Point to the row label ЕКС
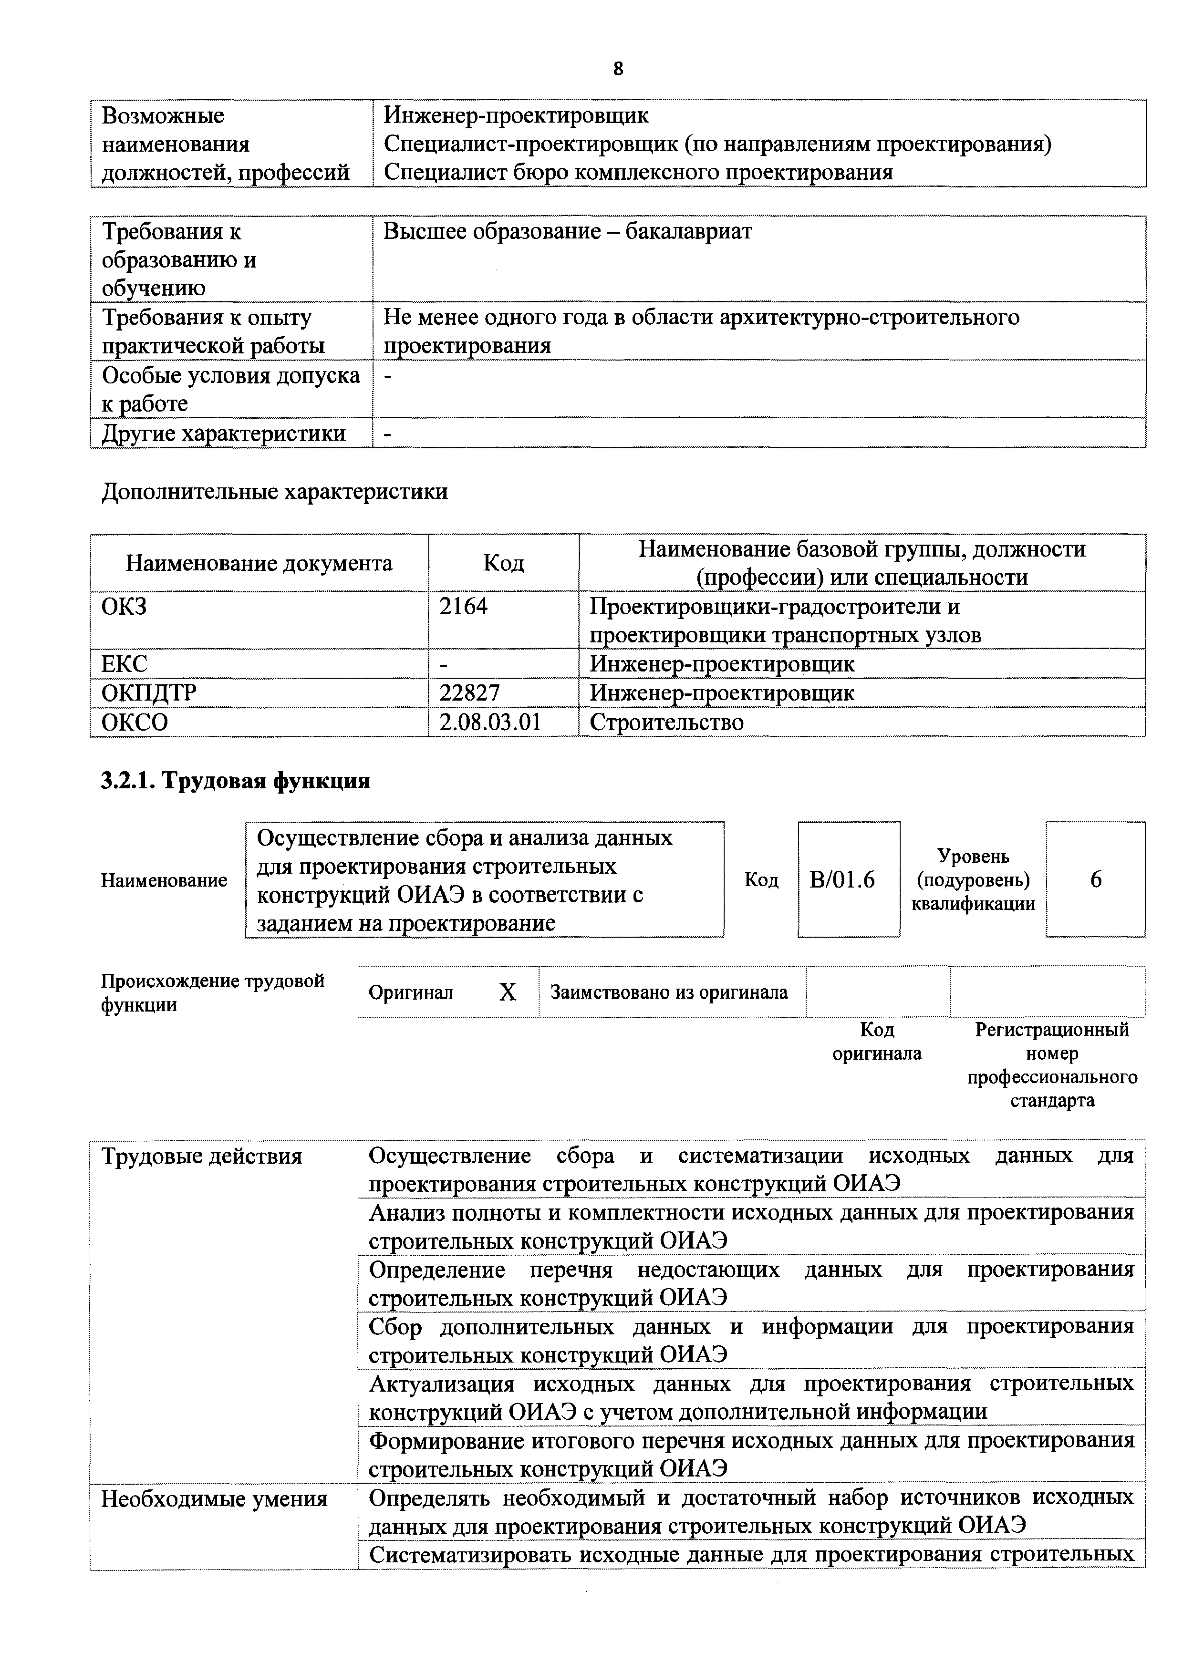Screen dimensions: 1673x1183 [x=124, y=664]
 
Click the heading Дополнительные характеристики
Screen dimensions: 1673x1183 [x=274, y=492]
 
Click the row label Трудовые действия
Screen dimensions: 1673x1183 [x=201, y=1157]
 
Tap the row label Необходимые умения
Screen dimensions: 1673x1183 [x=214, y=1499]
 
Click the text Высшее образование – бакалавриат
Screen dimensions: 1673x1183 [x=567, y=232]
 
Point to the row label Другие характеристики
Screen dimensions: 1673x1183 [x=223, y=434]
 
